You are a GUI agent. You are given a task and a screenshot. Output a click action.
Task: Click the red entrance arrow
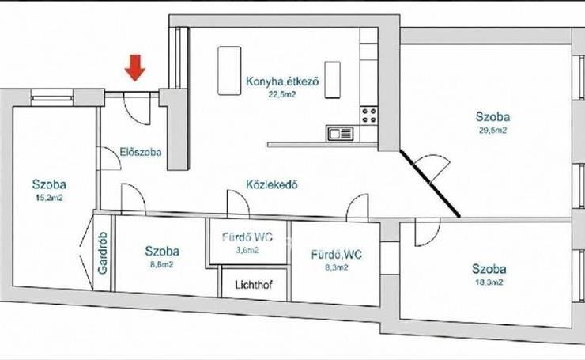[134, 67]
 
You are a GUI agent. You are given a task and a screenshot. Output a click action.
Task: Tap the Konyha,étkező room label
[282, 81]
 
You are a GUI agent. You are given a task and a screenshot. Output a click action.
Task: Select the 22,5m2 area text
[282, 94]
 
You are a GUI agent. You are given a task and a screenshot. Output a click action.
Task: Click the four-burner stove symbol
[368, 116]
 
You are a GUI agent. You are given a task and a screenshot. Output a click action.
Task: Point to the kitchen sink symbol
[340, 134]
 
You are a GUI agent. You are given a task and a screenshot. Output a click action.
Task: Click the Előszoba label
[141, 152]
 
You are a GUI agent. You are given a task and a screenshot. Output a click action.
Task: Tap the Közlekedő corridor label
[272, 184]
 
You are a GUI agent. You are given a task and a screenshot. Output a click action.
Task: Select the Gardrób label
[103, 253]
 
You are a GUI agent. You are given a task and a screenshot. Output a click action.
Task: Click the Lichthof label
[254, 285]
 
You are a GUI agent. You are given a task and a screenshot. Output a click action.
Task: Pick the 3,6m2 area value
[247, 250]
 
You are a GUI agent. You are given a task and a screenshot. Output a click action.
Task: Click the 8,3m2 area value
[337, 267]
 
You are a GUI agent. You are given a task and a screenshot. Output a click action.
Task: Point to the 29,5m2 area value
[493, 131]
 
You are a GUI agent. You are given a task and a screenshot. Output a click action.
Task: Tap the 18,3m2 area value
[489, 282]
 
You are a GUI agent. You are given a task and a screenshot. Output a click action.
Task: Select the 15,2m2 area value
[49, 198]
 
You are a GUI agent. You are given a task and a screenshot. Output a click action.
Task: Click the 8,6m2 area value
[161, 265]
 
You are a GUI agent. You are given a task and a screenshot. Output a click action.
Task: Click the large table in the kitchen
[229, 70]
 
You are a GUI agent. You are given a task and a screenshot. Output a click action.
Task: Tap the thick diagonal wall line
[430, 184]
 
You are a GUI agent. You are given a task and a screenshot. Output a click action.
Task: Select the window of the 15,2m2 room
[52, 96]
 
